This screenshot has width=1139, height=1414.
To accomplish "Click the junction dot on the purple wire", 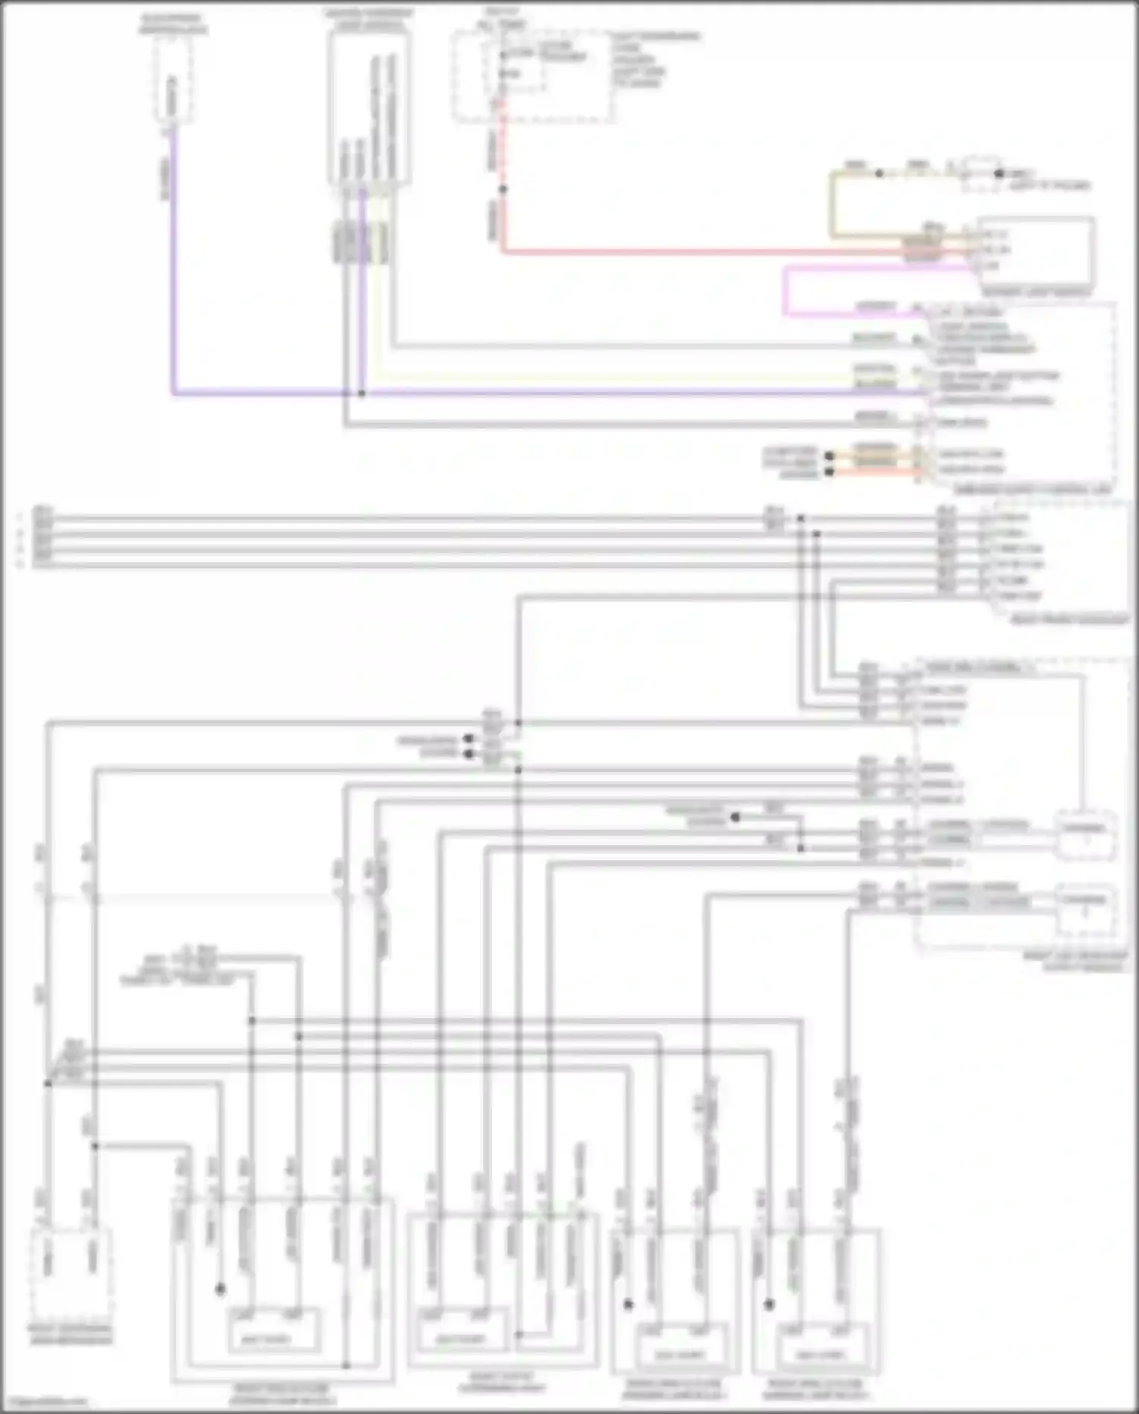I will (x=361, y=394).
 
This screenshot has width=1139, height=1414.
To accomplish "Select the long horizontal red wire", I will (x=683, y=251).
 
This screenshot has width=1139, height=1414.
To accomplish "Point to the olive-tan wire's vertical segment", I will (x=832, y=205).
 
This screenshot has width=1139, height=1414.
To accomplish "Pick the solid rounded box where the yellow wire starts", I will (x=370, y=106).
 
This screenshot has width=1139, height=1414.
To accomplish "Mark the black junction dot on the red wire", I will (x=502, y=189).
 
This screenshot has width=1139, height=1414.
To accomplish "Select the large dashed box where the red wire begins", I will (x=532, y=76).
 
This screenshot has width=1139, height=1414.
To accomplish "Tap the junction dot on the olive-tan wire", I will (x=879, y=173).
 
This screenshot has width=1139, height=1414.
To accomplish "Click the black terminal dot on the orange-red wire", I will (x=829, y=472).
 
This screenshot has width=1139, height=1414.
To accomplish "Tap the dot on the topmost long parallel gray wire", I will (x=800, y=519).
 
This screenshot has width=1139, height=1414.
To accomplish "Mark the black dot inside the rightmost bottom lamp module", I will (x=769, y=1305).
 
